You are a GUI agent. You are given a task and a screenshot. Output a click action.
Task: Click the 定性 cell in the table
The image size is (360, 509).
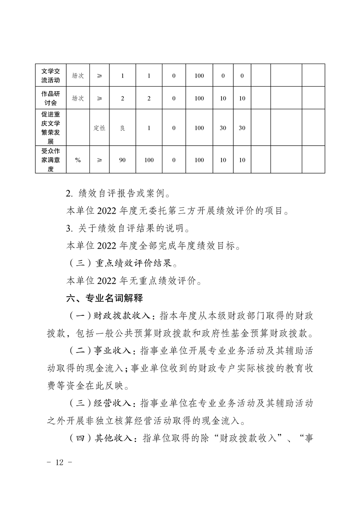(99, 128)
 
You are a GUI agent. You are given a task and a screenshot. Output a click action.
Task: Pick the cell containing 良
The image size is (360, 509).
(122, 128)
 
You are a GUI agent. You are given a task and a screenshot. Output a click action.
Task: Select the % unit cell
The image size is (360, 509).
(78, 160)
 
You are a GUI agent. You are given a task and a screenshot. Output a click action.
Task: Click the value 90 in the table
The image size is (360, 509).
(122, 160)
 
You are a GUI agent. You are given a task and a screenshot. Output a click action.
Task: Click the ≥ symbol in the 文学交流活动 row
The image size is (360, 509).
(99, 75)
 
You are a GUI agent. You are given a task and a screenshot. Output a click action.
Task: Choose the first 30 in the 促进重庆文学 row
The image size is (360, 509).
(223, 128)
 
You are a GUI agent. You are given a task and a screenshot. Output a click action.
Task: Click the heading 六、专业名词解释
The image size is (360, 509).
(104, 299)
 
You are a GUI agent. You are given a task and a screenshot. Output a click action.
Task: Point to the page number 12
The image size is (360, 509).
(60, 462)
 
